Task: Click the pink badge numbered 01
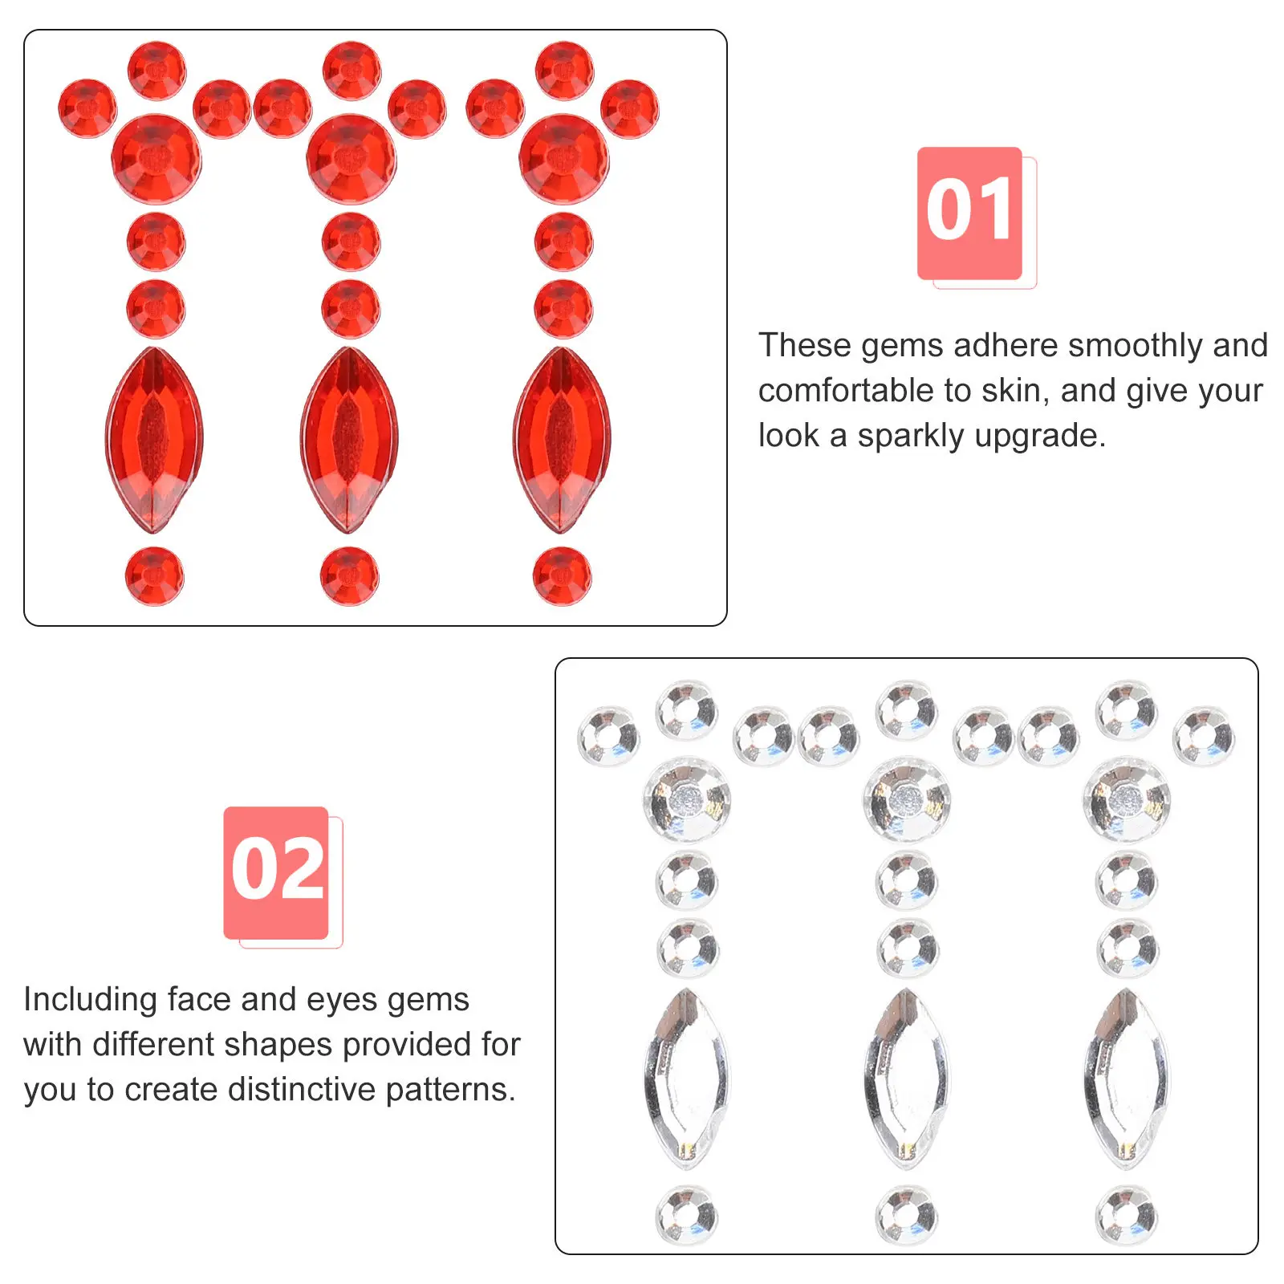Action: (x=969, y=213)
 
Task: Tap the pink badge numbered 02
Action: (x=276, y=872)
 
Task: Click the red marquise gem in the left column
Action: (x=154, y=440)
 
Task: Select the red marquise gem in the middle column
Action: (x=349, y=440)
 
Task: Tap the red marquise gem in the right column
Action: (x=562, y=440)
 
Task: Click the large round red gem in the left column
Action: (x=156, y=159)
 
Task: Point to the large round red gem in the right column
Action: (x=563, y=159)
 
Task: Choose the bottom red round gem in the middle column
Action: (x=349, y=576)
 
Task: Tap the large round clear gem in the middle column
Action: (x=907, y=799)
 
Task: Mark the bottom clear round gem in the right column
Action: (x=1127, y=1215)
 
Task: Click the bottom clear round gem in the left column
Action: (x=687, y=1215)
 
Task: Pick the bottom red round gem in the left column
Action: (x=154, y=576)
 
